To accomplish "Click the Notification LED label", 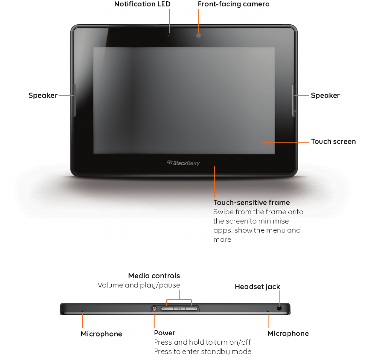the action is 142,4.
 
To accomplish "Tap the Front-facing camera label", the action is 233,4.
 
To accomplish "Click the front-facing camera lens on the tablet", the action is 198,35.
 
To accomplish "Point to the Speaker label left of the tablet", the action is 43,96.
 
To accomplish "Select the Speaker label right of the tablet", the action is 325,96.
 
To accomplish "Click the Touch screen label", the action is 333,142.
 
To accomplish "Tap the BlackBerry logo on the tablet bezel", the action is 183,163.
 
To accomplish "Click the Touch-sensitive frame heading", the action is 251,203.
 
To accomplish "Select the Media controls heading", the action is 154,276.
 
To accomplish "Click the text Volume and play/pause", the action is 139,285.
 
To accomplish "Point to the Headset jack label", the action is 257,287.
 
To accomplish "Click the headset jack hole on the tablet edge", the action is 280,308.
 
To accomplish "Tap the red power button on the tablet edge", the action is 154,308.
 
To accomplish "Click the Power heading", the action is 165,333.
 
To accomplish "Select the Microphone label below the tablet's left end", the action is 101,334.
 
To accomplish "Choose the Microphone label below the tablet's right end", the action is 288,334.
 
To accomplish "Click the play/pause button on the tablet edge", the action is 180,308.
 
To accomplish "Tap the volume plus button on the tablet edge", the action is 195,308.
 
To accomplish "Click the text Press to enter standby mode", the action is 203,352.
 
